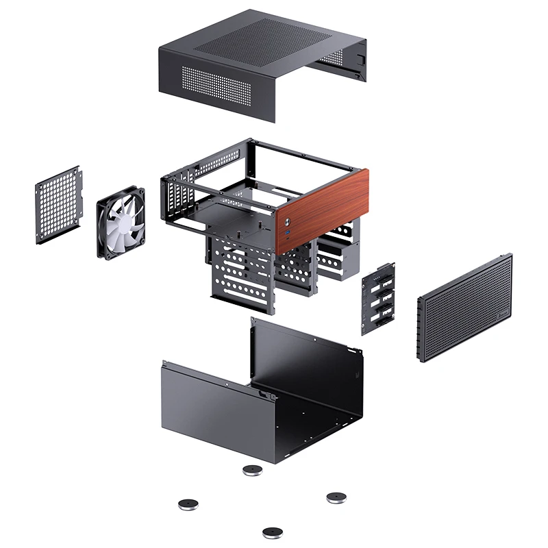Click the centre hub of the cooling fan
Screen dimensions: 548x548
[x=122, y=223]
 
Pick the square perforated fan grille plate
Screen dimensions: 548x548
[x=58, y=204]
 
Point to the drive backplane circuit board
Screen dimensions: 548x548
[x=377, y=297]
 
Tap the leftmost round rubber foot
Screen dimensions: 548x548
[x=187, y=505]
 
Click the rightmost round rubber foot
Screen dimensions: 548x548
[x=336, y=496]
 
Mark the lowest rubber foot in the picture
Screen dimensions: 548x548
[x=273, y=532]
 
